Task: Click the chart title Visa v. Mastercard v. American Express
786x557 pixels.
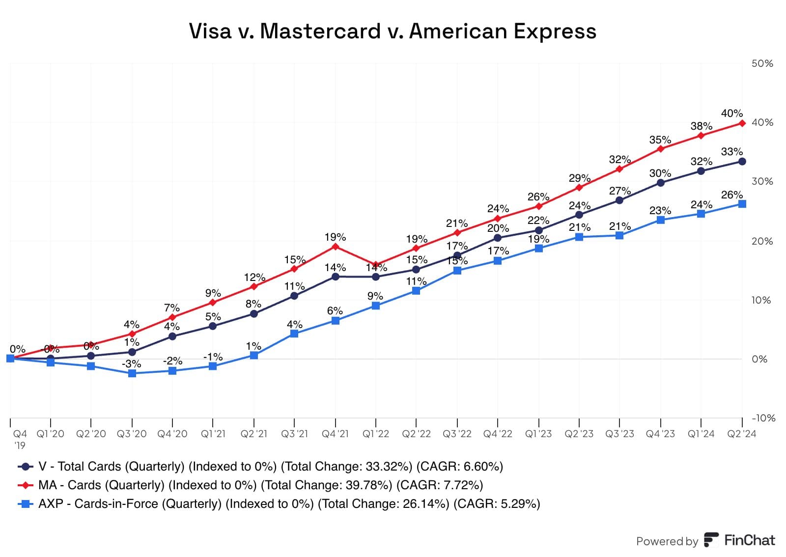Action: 393,31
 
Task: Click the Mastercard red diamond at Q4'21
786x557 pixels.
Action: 335,247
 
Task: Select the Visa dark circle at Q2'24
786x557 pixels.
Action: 742,162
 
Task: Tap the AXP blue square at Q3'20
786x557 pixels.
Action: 132,373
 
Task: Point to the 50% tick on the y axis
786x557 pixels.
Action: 762,63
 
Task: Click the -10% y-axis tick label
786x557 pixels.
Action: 763,418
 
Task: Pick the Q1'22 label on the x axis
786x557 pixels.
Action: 376,434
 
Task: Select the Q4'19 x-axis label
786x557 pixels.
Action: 20,439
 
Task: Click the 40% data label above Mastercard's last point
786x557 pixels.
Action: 731,113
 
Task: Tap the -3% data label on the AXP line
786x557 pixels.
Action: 132,364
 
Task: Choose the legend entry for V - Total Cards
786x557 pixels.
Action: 260,466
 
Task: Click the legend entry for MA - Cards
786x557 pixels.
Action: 251,485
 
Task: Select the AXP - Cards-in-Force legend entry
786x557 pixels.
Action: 279,503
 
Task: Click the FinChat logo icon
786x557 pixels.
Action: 710,540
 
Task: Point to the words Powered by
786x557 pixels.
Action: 667,541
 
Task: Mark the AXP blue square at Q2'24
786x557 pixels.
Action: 742,204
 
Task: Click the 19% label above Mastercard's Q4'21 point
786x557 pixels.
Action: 335,237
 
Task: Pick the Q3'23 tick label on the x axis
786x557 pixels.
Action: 619,434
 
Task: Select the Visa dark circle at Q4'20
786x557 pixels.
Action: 172,336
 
